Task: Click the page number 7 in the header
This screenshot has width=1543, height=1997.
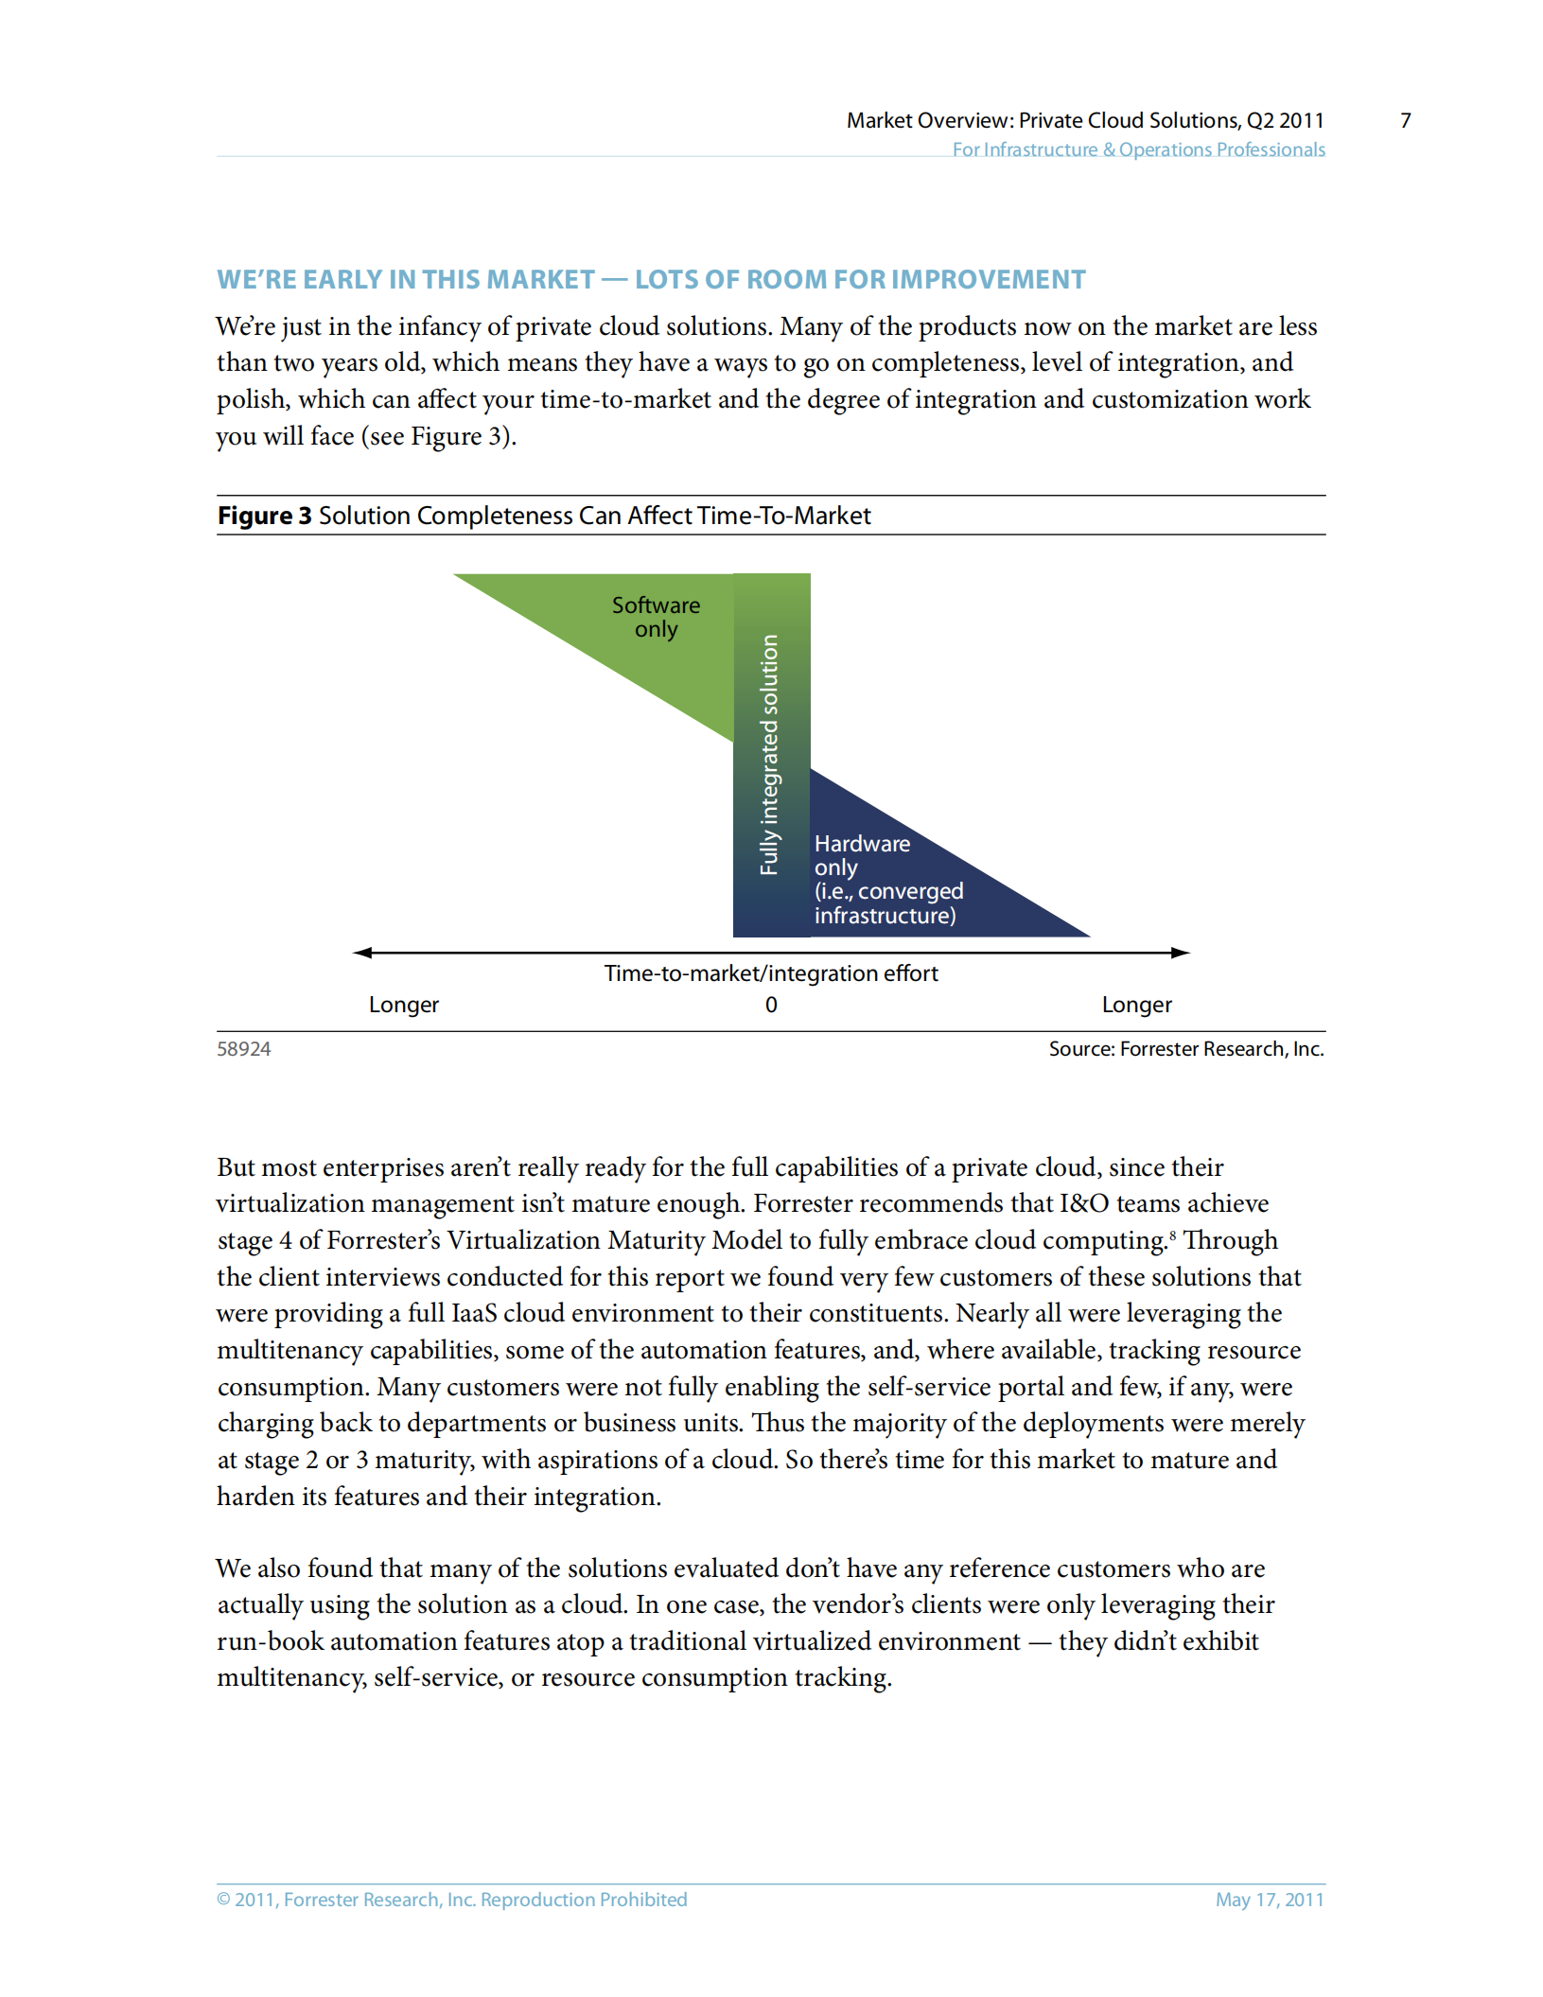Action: pyautogui.click(x=1405, y=120)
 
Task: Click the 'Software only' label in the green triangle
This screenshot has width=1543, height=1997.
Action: pyautogui.click(x=656, y=617)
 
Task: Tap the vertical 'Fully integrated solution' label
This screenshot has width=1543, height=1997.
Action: pyautogui.click(x=769, y=754)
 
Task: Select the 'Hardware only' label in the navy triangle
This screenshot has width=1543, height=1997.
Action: pyautogui.click(x=862, y=855)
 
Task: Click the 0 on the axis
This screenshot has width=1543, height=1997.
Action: pyautogui.click(x=771, y=1005)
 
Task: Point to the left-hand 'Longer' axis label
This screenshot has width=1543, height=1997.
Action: pyautogui.click(x=404, y=1005)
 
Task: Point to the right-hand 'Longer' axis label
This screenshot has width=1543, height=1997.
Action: pyautogui.click(x=1136, y=1005)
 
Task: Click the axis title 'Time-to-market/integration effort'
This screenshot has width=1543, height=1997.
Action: pyautogui.click(x=771, y=973)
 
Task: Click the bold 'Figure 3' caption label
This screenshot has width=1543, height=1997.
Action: pyautogui.click(x=264, y=516)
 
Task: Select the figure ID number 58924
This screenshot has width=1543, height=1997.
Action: pyautogui.click(x=244, y=1049)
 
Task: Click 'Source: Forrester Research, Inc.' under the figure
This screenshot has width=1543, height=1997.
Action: pyautogui.click(x=1185, y=1049)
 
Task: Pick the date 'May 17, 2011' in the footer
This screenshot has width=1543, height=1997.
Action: pyautogui.click(x=1269, y=1900)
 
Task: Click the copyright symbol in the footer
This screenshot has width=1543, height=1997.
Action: pyautogui.click(x=224, y=1900)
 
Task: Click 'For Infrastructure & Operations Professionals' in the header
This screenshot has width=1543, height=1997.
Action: pyautogui.click(x=1138, y=149)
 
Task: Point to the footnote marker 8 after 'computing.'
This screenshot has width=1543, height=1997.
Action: pyautogui.click(x=1173, y=1235)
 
